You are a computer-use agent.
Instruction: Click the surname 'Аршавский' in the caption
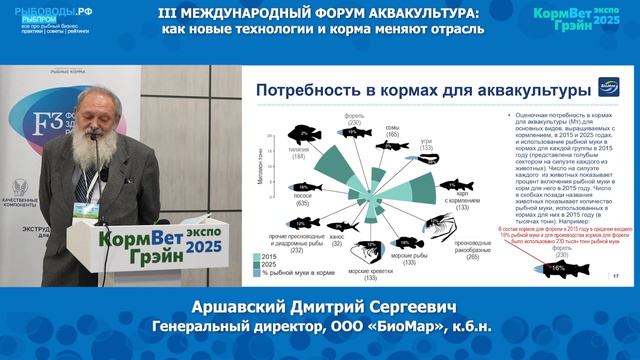tap(219, 304)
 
